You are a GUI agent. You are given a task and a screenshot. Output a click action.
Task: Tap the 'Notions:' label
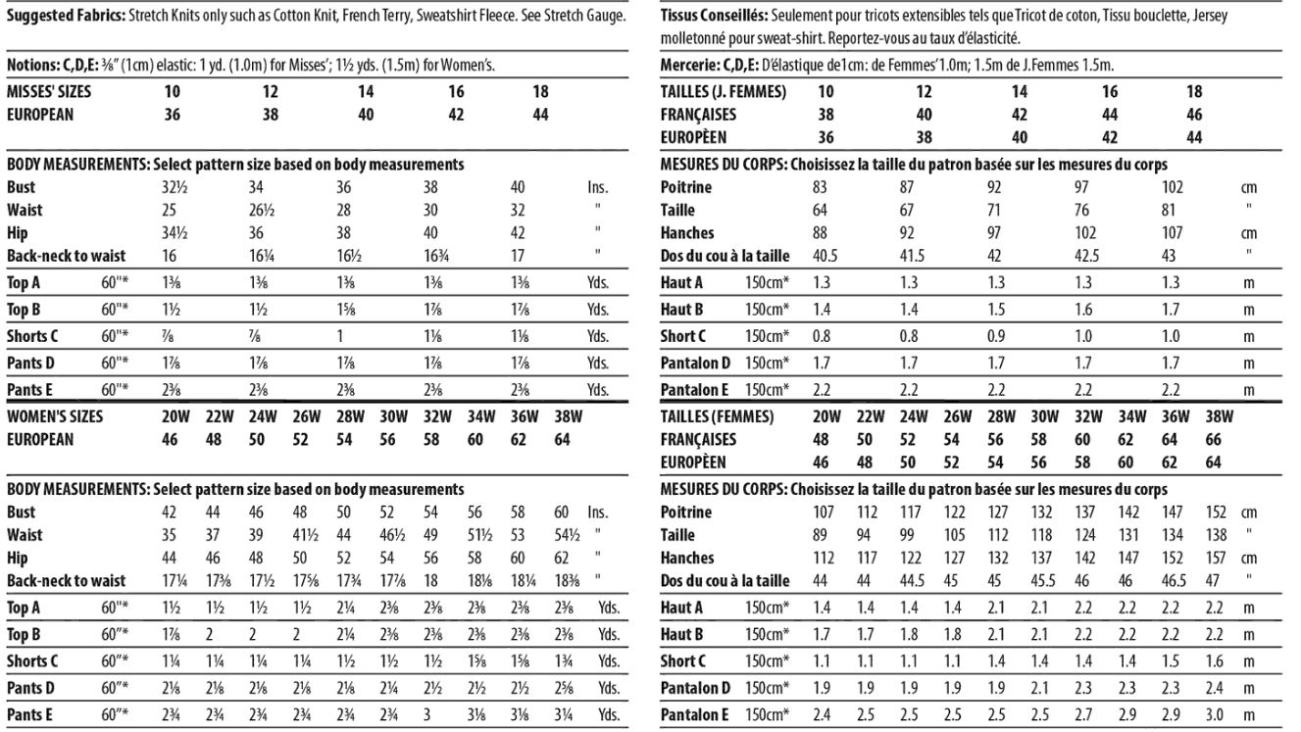(32, 66)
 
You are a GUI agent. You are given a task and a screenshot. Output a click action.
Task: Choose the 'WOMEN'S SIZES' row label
(55, 416)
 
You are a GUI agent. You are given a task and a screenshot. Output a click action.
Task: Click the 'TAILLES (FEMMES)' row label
(717, 416)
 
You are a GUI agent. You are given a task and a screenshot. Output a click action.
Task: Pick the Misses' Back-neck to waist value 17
(518, 257)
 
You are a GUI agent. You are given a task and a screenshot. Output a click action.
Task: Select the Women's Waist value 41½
(302, 535)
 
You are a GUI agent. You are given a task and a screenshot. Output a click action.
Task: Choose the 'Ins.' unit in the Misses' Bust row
(597, 186)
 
